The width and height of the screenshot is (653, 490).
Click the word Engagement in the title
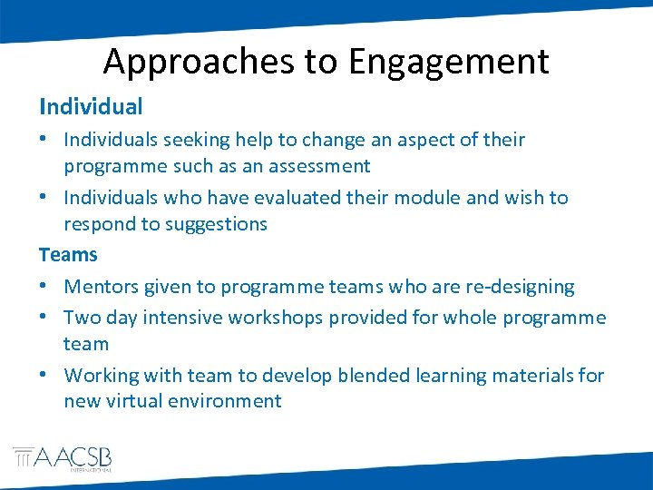449,62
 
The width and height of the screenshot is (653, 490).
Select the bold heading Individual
91,106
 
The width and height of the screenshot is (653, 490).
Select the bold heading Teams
68,255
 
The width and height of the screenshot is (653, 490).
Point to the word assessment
315,167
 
